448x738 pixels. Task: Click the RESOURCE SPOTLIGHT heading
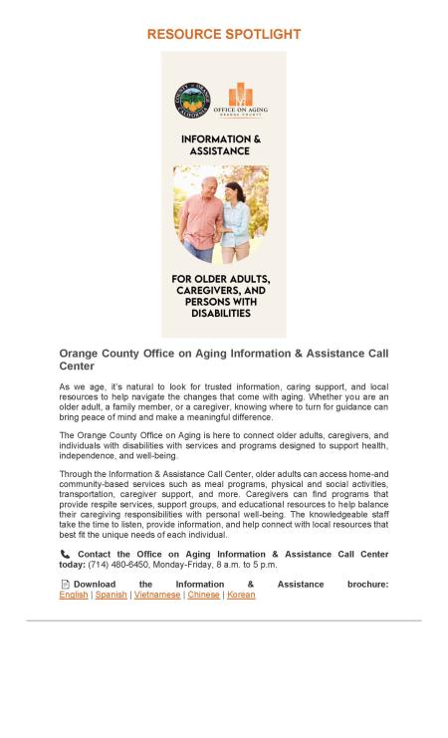pos(223,34)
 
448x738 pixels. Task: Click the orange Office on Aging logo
pos(240,97)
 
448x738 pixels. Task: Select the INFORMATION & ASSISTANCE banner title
pos(222,145)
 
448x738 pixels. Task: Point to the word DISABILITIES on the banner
pos(223,313)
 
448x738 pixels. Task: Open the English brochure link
pos(74,595)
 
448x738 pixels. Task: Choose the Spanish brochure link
pos(111,595)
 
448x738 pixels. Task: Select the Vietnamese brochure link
pos(157,595)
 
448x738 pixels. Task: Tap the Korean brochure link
pos(241,595)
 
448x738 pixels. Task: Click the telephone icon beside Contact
pos(65,554)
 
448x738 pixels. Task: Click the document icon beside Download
pos(65,584)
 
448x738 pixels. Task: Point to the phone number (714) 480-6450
pos(118,565)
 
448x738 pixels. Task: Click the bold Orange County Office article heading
pos(223,360)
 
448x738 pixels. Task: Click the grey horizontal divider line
pos(223,620)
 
